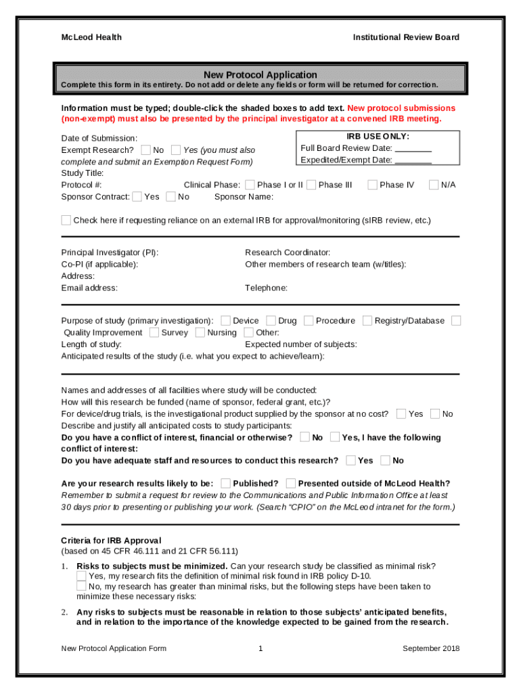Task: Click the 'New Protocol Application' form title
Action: tap(260, 74)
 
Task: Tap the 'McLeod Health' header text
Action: tap(91, 37)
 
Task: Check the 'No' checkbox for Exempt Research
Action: tap(145, 150)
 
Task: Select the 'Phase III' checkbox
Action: tap(311, 185)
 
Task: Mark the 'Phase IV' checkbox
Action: tap(372, 185)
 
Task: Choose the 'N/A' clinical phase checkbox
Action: tap(434, 185)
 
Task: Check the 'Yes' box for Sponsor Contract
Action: tap(137, 196)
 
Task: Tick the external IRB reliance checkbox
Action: tap(66, 220)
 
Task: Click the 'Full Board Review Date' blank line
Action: tap(413, 149)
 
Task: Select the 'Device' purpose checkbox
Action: tap(225, 320)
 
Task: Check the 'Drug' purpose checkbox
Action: tap(271, 320)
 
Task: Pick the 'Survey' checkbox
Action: tap(154, 332)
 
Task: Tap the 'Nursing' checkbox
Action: tap(200, 332)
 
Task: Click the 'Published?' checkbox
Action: tap(225, 483)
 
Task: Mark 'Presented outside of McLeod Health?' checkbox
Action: tap(290, 483)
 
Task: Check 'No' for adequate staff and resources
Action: tap(385, 460)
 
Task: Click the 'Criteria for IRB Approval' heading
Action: tap(111, 540)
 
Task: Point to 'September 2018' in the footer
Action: tap(430, 648)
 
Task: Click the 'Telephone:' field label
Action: tap(266, 288)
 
